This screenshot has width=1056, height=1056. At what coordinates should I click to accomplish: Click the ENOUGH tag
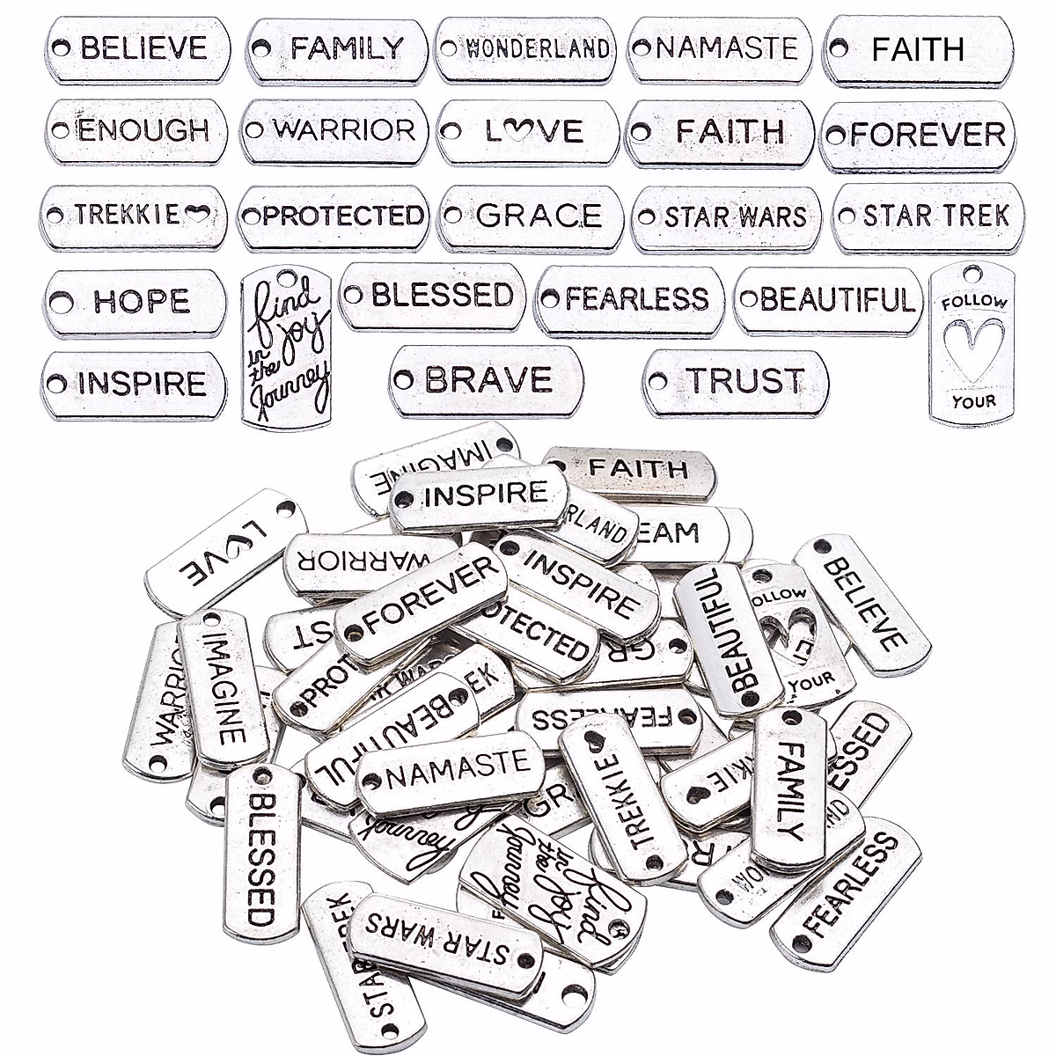[x=136, y=131]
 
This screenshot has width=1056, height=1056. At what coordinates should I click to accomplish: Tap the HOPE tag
[x=135, y=303]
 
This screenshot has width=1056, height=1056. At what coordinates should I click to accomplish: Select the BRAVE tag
[x=486, y=380]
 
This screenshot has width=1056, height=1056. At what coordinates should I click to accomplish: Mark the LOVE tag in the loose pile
[x=225, y=551]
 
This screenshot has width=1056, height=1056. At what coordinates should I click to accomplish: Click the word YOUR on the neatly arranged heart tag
[x=973, y=402]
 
